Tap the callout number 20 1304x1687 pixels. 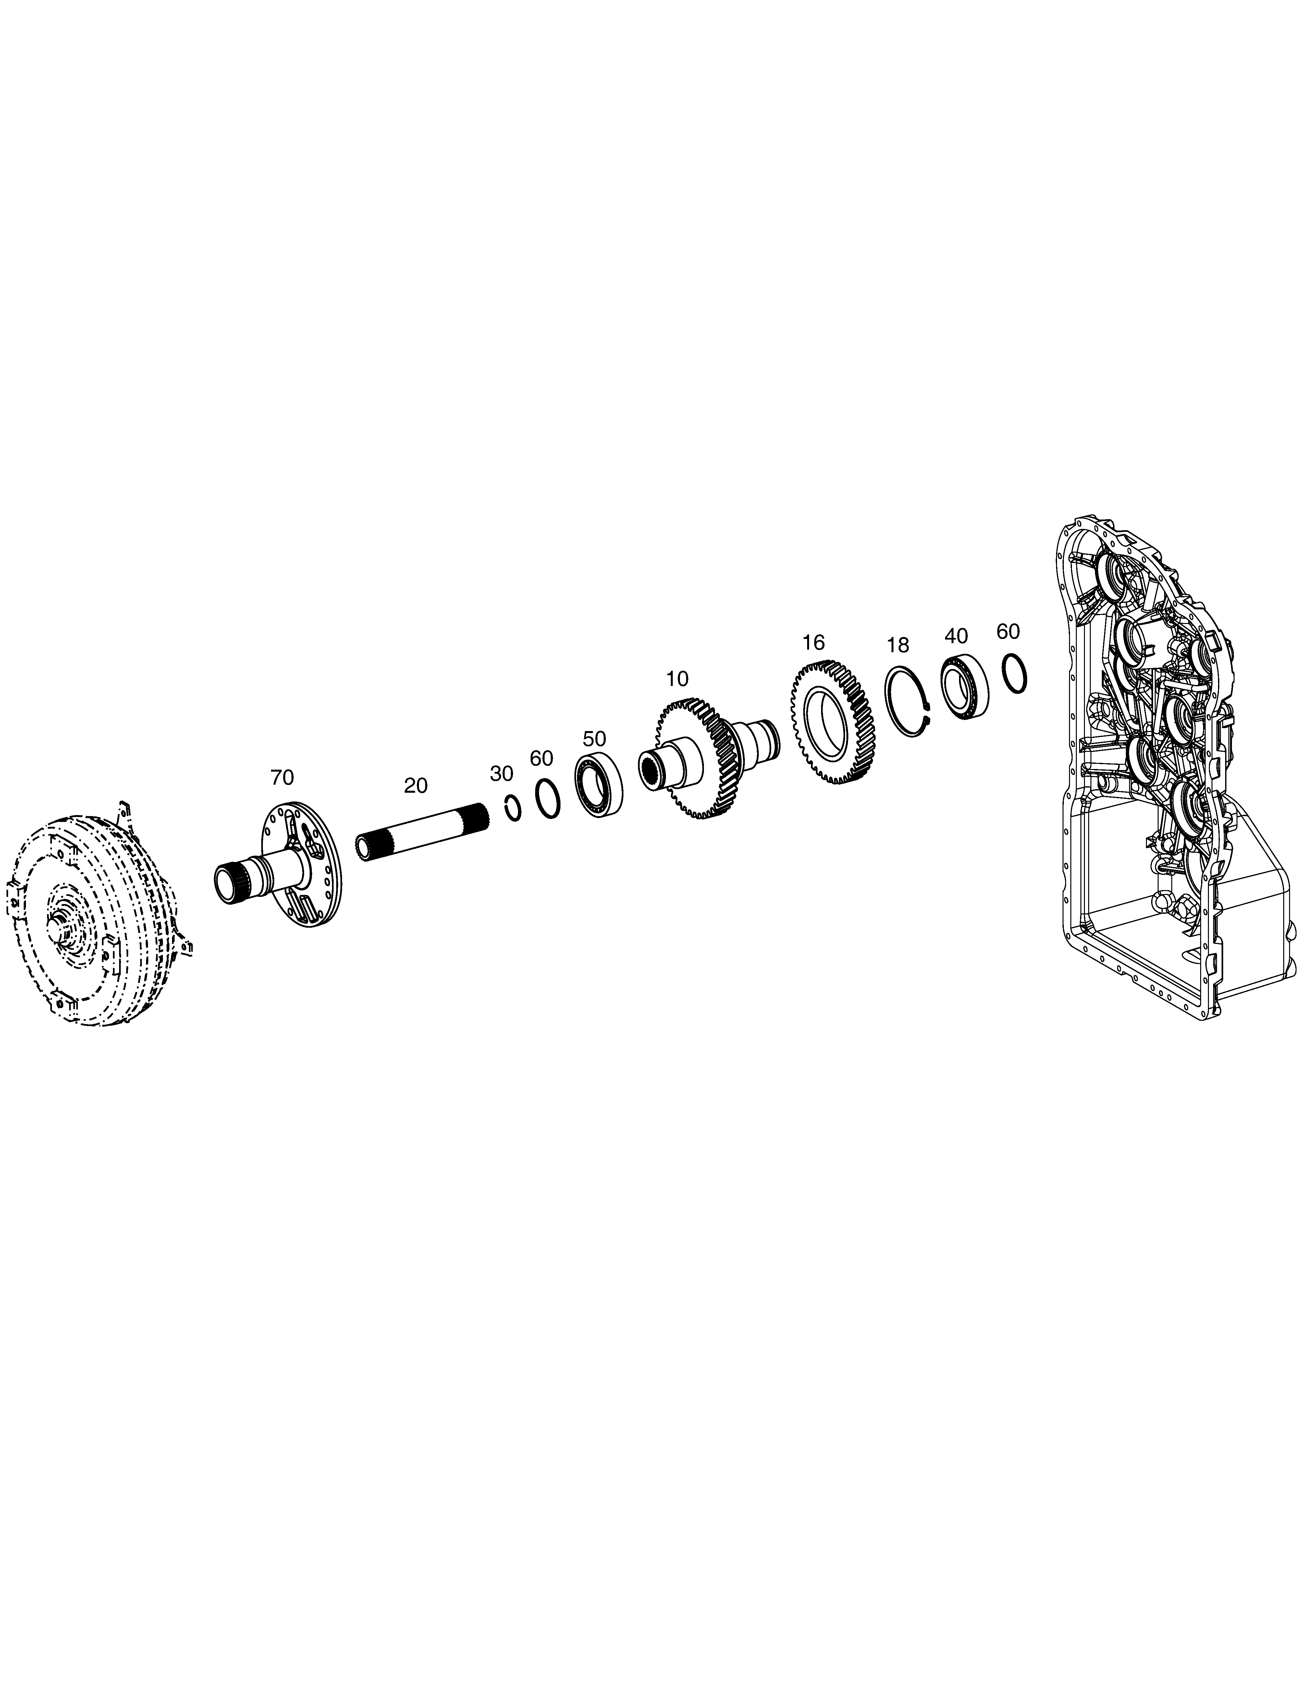click(416, 786)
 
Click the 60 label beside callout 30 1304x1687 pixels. click(542, 759)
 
